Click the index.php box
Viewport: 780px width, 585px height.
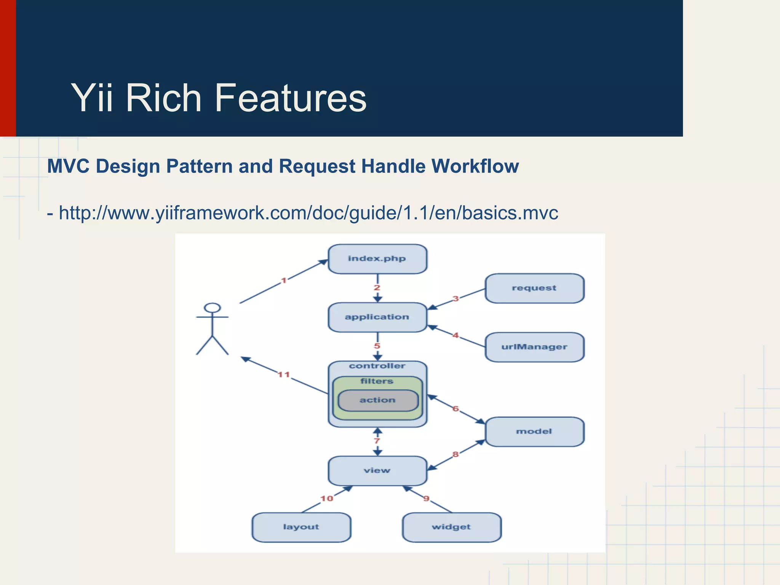click(377, 259)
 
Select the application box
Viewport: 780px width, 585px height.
click(377, 317)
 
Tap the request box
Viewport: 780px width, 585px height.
click(534, 288)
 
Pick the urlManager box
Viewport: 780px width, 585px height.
click(534, 347)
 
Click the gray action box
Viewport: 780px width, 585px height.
click(378, 400)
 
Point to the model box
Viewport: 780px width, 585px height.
click(534, 432)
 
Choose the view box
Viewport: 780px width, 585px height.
click(377, 471)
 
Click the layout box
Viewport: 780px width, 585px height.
click(301, 527)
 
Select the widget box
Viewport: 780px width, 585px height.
click(451, 527)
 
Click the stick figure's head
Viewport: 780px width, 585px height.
click(212, 308)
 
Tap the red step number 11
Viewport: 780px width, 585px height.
click(284, 375)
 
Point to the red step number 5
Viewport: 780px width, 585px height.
click(377, 346)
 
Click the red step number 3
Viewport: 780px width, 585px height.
click(456, 299)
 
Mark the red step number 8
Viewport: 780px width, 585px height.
click(456, 454)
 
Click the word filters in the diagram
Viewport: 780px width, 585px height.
click(377, 381)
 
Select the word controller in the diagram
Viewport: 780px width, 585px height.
click(377, 366)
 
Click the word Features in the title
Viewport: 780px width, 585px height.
click(290, 98)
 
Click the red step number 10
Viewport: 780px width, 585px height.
click(327, 499)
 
